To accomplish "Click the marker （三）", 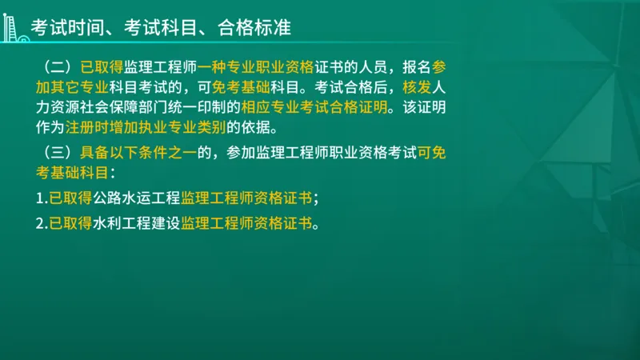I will [x=58, y=151].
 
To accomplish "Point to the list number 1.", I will [x=40, y=198].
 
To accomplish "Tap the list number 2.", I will [x=40, y=224].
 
